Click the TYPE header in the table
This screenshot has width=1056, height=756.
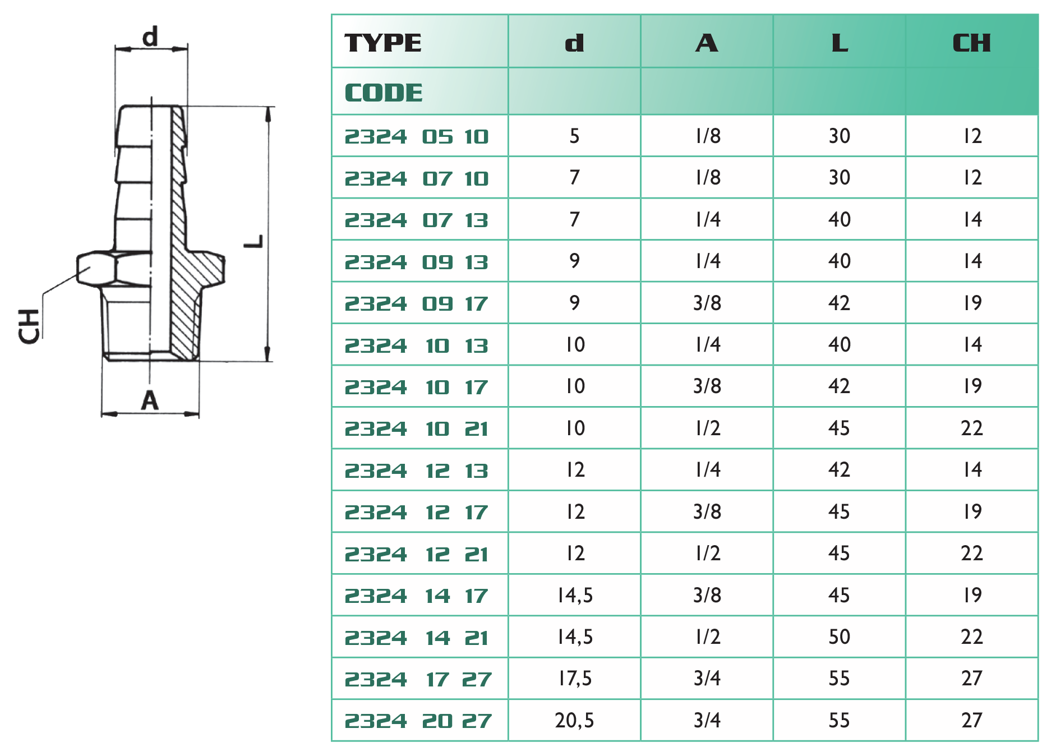coord(383,43)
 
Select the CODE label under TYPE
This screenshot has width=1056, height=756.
coord(384,93)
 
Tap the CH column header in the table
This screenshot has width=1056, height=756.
coord(972,43)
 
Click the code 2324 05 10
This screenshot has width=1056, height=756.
coord(417,137)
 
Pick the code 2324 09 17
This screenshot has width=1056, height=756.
coord(417,304)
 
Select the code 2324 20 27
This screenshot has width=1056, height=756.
coord(418,721)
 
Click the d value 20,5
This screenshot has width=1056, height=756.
coord(574,721)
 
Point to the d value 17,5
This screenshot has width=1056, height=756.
coord(575,679)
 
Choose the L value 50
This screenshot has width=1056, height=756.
coord(840,637)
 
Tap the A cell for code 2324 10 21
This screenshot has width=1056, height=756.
coord(707,428)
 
